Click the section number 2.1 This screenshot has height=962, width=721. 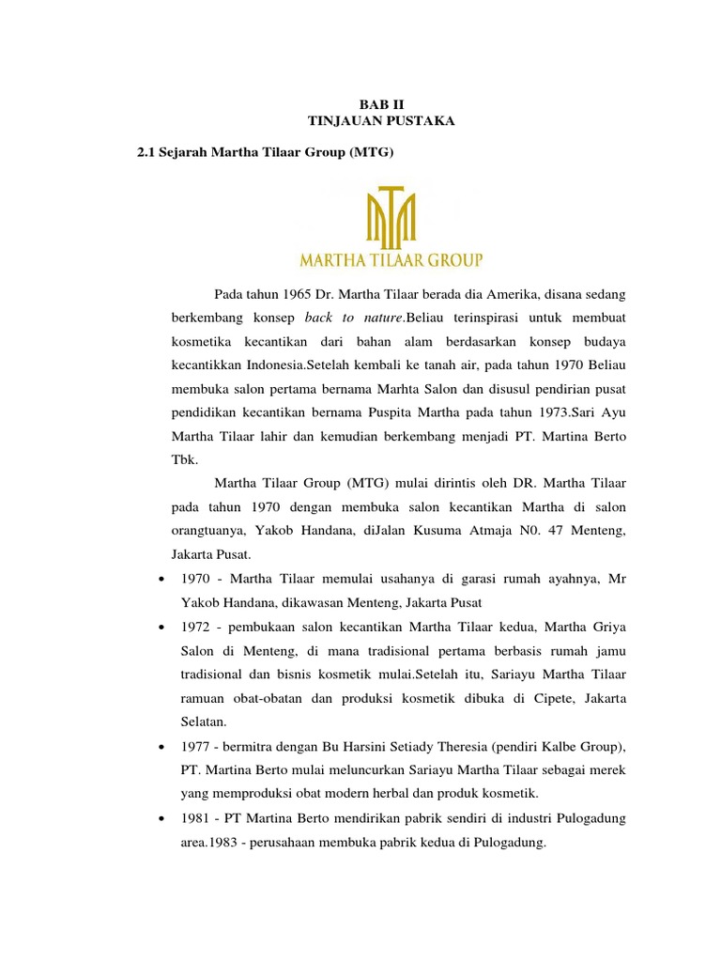(x=149, y=152)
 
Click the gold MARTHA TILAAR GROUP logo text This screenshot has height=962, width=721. (x=390, y=257)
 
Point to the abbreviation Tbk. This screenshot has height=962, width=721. (x=183, y=460)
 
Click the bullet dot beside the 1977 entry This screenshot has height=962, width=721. (x=164, y=746)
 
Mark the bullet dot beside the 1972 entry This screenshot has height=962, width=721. (x=164, y=627)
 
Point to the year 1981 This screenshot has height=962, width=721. (x=194, y=819)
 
